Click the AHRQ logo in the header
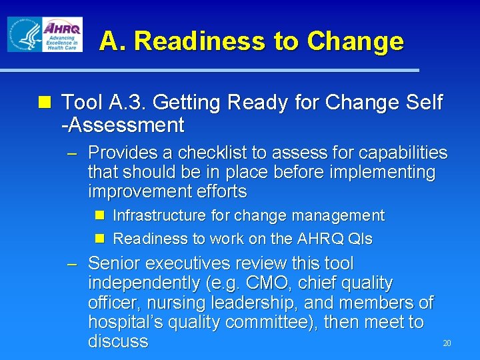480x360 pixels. click(62, 35)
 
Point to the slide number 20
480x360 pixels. click(447, 343)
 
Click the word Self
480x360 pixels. click(422, 103)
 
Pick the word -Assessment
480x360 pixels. click(123, 125)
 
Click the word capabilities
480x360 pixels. click(404, 153)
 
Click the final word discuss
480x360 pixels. click(118, 341)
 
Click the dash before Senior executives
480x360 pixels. click(74, 264)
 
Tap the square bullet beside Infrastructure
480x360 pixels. click(99, 215)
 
